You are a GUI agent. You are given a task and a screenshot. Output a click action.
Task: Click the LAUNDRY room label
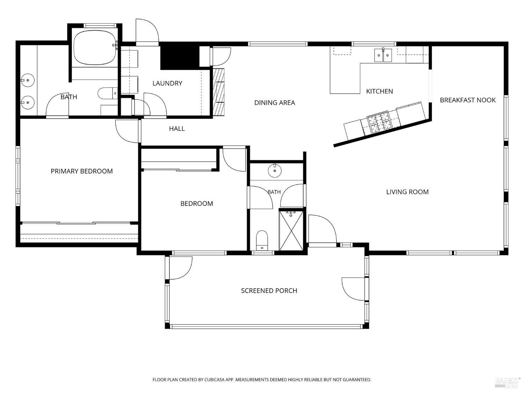click(167, 83)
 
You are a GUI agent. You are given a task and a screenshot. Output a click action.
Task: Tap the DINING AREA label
click(275, 103)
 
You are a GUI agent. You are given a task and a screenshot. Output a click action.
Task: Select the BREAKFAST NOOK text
click(467, 100)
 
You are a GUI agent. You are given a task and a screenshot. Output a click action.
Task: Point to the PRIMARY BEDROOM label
click(82, 171)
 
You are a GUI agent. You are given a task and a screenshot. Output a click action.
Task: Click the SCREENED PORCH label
click(269, 291)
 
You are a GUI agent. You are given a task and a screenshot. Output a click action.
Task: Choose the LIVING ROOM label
click(407, 192)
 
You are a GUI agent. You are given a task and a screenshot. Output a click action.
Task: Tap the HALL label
click(177, 129)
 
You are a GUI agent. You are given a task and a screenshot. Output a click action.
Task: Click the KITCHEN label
click(379, 91)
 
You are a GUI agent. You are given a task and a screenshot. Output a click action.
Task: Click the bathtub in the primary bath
click(95, 48)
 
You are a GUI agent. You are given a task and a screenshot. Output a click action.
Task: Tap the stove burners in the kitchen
click(380, 123)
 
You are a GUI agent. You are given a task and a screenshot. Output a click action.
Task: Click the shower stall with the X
click(291, 231)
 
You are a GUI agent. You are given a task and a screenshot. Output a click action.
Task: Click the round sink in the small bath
click(275, 170)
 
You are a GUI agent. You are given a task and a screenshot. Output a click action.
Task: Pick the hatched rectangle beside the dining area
click(219, 92)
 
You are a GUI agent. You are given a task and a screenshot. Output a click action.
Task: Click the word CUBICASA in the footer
click(214, 380)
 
